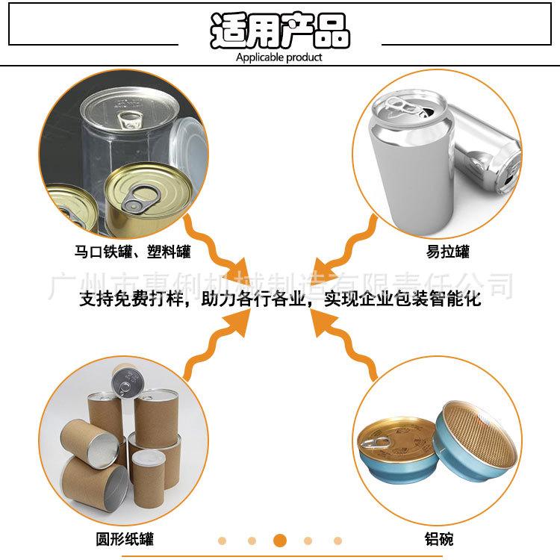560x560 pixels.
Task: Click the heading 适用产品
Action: (280, 31)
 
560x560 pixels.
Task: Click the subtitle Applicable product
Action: (279, 57)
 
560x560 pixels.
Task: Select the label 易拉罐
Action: (448, 252)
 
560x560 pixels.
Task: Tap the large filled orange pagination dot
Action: (280, 540)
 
